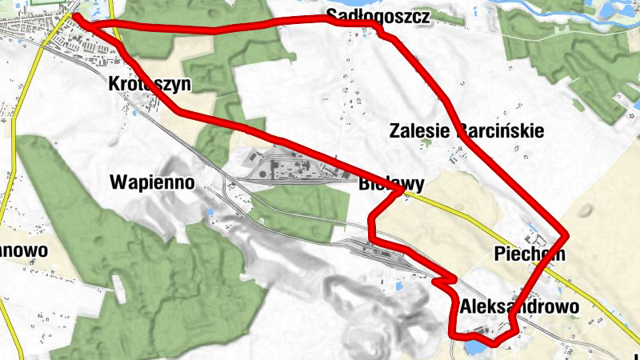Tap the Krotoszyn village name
click(x=146, y=82)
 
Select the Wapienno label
click(x=152, y=182)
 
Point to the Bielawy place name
click(x=391, y=183)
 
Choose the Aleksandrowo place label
click(x=519, y=306)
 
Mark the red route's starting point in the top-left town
click(x=76, y=15)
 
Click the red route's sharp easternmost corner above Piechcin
click(x=565, y=235)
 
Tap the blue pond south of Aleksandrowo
click(x=473, y=350)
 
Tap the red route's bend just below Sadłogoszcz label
click(x=382, y=34)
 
